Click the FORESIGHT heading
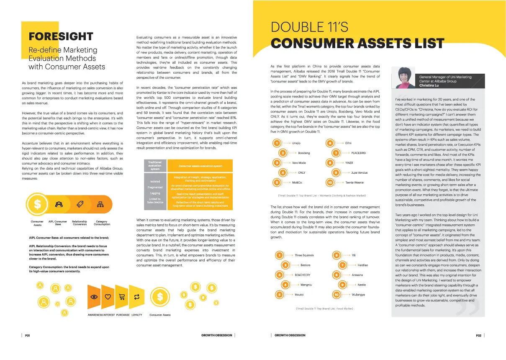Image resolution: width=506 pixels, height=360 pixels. pyautogui.click(x=60, y=36)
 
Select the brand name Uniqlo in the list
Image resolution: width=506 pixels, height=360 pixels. pyautogui.click(x=296, y=143)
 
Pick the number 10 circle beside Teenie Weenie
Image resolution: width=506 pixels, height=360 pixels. pyautogui.click(x=330, y=183)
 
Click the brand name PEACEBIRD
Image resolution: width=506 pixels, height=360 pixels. pyautogui.click(x=358, y=153)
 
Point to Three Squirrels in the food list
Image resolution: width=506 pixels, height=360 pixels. pyautogui.click(x=304, y=255)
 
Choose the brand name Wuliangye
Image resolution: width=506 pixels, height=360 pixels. pyautogui.click(x=358, y=295)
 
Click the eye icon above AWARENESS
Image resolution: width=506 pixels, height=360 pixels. pyautogui.click(x=94, y=296)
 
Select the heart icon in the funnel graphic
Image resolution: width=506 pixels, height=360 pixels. pyautogui.click(x=108, y=297)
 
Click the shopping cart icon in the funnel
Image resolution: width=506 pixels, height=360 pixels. pyautogui.click(x=122, y=297)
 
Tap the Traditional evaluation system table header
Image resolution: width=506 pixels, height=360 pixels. pyautogui.click(x=155, y=165)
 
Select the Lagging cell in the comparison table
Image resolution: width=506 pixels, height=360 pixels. pyautogui.click(x=155, y=193)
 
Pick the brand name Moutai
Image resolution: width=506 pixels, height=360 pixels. pyautogui.click(x=299, y=295)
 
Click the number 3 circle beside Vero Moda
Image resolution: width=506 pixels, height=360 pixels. pyautogui.click(x=276, y=162)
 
